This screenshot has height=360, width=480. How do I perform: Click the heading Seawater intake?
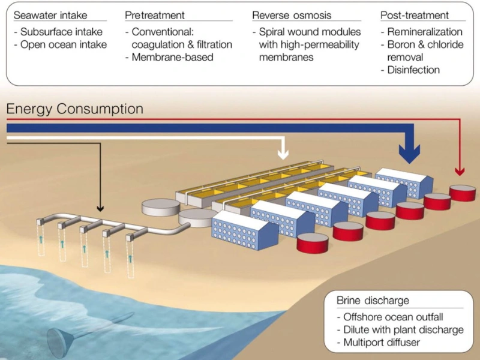52,14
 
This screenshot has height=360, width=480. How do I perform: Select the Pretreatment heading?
155,14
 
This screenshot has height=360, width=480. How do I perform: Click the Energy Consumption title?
75,109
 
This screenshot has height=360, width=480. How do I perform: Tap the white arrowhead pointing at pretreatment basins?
282,154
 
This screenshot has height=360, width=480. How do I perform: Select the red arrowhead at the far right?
460,172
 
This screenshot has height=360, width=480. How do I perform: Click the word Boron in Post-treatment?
404,44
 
